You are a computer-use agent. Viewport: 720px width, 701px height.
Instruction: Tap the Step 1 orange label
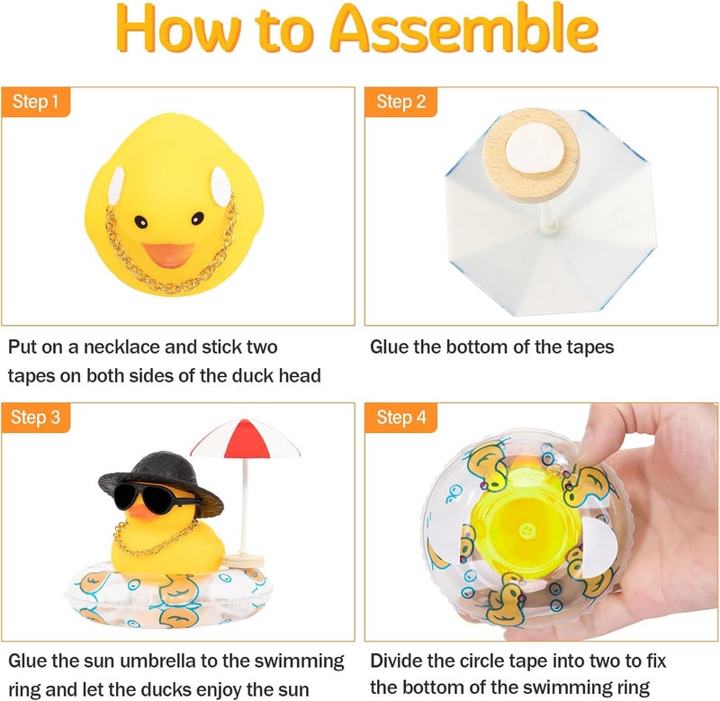(x=36, y=103)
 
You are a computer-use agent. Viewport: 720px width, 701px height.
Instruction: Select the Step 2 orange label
(x=400, y=103)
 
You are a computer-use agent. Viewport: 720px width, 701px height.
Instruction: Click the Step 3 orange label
(x=36, y=418)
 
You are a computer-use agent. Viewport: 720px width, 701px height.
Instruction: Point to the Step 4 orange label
(x=400, y=418)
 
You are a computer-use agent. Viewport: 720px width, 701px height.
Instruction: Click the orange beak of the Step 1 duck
(x=167, y=255)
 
